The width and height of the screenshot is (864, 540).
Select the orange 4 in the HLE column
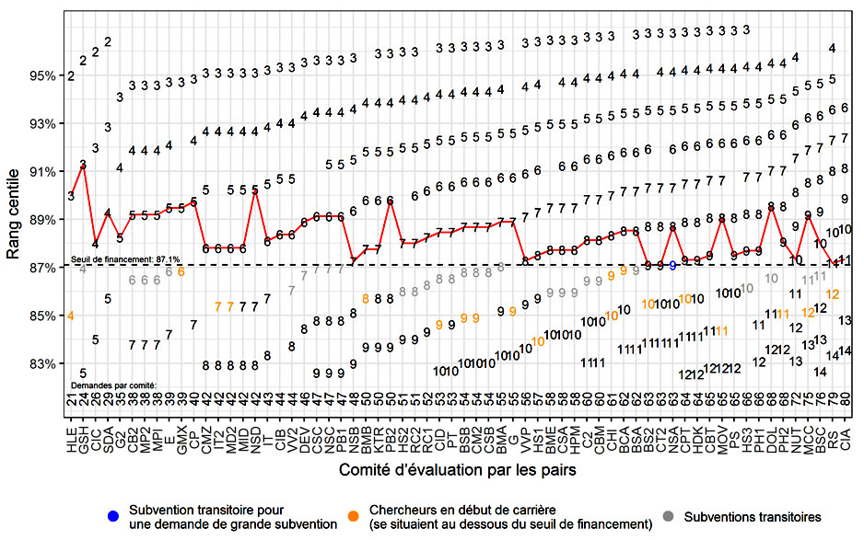(71, 316)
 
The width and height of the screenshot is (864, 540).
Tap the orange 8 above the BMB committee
(366, 298)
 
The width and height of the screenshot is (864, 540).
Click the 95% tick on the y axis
(48, 75)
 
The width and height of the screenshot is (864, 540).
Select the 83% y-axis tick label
(48, 363)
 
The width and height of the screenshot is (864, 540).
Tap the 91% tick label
(48, 171)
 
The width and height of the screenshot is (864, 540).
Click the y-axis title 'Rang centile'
(14, 220)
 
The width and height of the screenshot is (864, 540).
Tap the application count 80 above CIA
(845, 399)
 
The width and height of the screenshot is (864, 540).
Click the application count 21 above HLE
(71, 399)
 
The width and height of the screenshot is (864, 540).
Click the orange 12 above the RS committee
(833, 293)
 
